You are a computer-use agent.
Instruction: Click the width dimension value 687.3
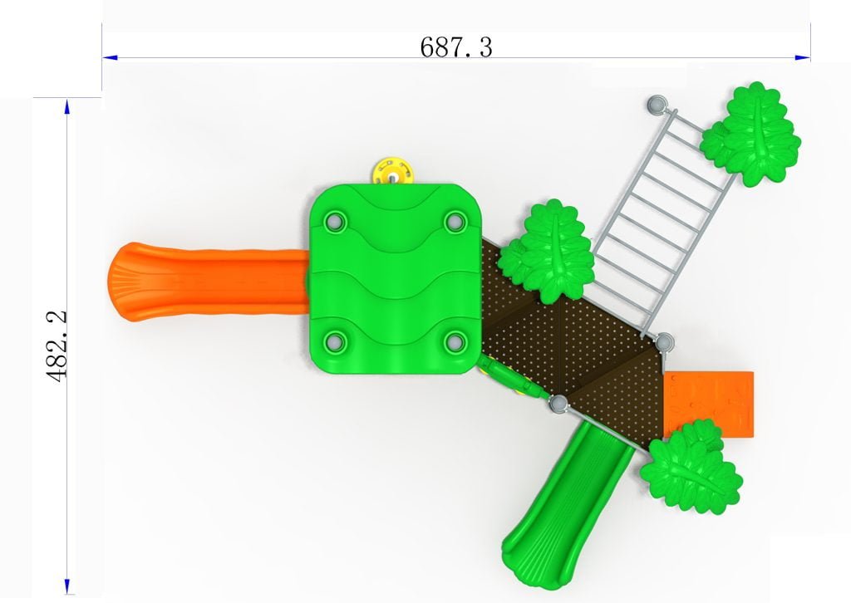tap(456, 47)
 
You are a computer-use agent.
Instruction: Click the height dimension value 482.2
tap(57, 346)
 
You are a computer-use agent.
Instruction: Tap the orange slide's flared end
tap(126, 282)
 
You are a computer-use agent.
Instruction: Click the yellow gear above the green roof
tap(393, 172)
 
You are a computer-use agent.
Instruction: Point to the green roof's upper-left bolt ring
tap(334, 221)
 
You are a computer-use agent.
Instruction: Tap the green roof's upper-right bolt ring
tap(455, 221)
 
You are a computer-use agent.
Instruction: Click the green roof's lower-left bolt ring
tap(335, 341)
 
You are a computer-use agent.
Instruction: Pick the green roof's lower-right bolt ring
tap(455, 341)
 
